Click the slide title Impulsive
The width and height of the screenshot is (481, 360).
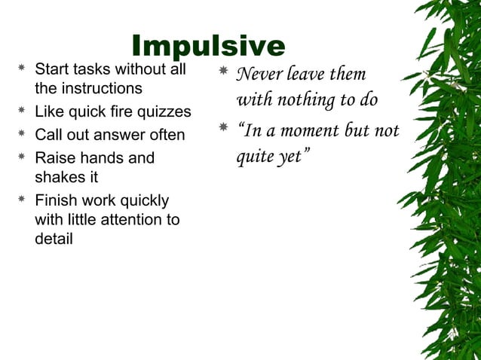(208, 47)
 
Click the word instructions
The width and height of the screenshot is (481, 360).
(103, 89)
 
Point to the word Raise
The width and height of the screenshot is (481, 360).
(54, 158)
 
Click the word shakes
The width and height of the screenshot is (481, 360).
(57, 178)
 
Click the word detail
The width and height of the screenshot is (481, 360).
(54, 239)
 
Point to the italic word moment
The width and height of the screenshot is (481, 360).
(308, 130)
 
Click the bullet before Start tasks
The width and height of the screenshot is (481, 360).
(23, 69)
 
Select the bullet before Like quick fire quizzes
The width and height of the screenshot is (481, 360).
(23, 113)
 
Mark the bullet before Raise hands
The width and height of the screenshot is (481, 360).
(23, 158)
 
